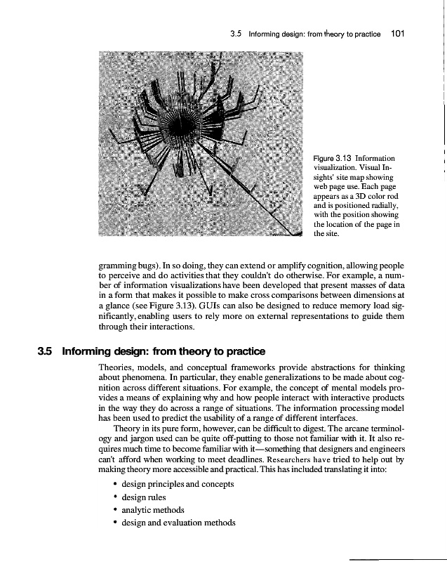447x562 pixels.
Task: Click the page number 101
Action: tap(399, 33)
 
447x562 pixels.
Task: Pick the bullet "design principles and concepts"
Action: tap(178, 484)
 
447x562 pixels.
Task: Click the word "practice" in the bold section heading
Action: tap(242, 351)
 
